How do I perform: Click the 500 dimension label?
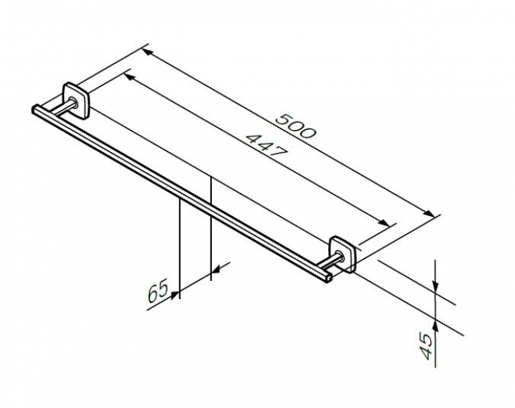coord(296,126)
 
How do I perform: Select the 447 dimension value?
coord(266,146)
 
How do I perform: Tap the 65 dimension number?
coord(157,291)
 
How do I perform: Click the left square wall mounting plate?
coord(77,100)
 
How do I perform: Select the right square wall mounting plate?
coord(343,254)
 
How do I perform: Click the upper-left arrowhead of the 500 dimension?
coord(147,52)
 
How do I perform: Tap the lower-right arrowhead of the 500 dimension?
coord(428,212)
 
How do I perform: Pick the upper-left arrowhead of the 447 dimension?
coord(129,77)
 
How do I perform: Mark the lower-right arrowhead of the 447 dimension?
coord(384,223)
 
